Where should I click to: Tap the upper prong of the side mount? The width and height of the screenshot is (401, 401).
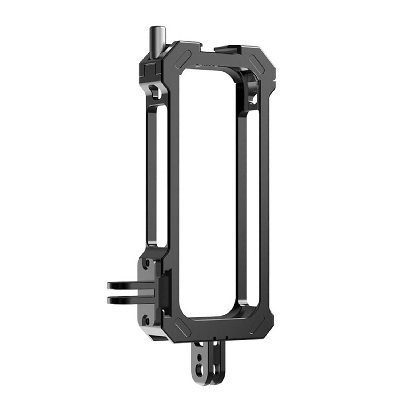[122, 285]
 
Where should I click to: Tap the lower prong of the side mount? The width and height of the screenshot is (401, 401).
[122, 300]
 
